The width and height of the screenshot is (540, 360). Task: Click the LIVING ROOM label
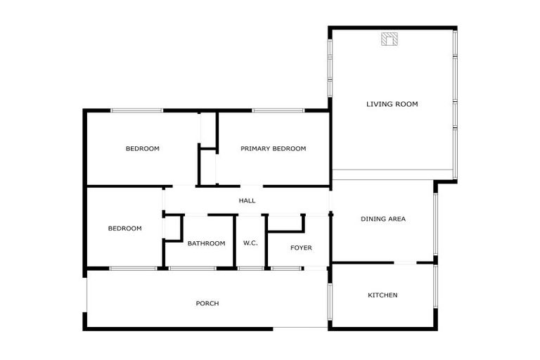coord(392,104)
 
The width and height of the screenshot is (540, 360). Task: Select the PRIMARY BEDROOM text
coord(273,148)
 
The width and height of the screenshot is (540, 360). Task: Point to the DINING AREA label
coord(382,219)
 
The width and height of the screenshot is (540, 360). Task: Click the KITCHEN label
coord(382,295)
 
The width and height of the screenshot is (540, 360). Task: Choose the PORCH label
coord(207,304)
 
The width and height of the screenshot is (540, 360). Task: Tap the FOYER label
coord(301,247)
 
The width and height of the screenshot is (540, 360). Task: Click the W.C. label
coord(250,243)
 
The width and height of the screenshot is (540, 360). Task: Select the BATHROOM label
coord(206,243)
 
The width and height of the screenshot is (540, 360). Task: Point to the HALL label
coord(247,201)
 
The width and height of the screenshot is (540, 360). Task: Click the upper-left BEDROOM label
coord(142,148)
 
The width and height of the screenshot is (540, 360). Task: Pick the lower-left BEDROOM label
coord(124,229)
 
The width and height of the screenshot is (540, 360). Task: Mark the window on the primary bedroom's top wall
coord(278,110)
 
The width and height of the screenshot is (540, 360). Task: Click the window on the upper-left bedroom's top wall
coord(137,110)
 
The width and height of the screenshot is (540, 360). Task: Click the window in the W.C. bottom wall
coord(250,268)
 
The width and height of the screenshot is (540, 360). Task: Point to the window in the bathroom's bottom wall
coord(192,268)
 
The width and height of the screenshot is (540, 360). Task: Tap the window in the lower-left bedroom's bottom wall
coord(133,268)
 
